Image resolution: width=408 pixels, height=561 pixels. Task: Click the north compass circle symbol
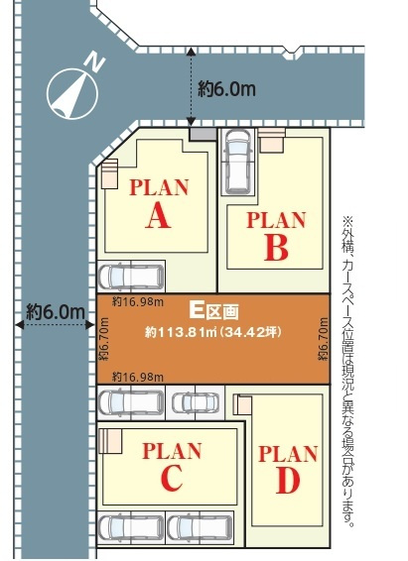pyautogui.click(x=72, y=94)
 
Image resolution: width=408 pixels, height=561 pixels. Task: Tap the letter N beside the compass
pyautogui.click(x=94, y=61)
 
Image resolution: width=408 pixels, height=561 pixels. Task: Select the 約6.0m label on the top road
pyautogui.click(x=226, y=89)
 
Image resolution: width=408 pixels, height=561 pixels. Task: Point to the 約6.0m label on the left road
pyautogui.click(x=56, y=312)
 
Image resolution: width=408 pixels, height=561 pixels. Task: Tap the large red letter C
pyautogui.click(x=172, y=479)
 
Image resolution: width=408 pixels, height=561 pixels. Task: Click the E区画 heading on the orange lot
pyautogui.click(x=213, y=311)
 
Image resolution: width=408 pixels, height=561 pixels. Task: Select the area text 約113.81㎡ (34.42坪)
pyautogui.click(x=213, y=332)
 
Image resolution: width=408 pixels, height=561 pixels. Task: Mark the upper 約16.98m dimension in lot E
pyautogui.click(x=138, y=302)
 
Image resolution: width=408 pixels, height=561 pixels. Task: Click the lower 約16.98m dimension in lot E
pyautogui.click(x=138, y=377)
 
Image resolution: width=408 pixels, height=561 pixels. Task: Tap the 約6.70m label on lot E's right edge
pyautogui.click(x=323, y=339)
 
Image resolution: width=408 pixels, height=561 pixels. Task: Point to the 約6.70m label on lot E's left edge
pyautogui.click(x=104, y=339)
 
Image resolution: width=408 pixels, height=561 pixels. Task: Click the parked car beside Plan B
pyautogui.click(x=236, y=161)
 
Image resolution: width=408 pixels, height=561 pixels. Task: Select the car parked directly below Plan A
pyautogui.click(x=131, y=277)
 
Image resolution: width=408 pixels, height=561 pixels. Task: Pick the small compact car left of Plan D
pyautogui.click(x=196, y=402)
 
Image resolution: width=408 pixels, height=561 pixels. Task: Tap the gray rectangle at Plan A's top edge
pyautogui.click(x=203, y=134)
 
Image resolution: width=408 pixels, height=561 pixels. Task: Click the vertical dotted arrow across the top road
pyautogui.click(x=191, y=87)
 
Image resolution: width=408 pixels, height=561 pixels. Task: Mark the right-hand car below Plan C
pyautogui.click(x=200, y=527)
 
